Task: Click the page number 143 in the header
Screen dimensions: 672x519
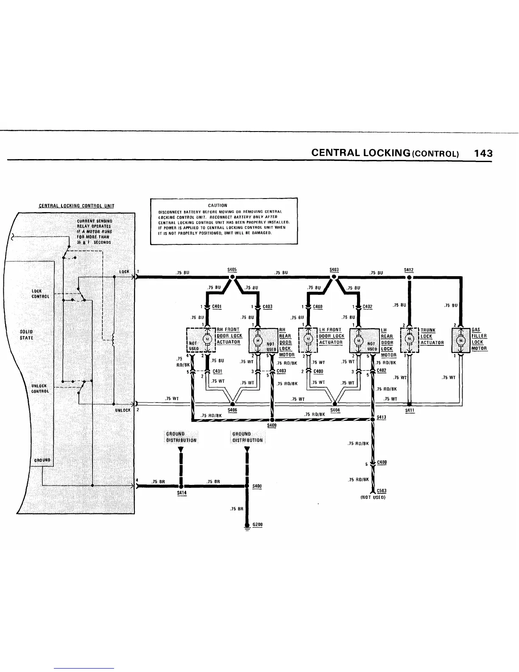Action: [483, 153]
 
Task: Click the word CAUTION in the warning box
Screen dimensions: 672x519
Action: [224, 205]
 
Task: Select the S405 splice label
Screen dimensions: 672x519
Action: [232, 269]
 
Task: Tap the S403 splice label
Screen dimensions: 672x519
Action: [334, 269]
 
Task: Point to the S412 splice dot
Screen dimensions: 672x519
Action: [409, 278]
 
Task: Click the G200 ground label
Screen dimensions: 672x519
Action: [257, 524]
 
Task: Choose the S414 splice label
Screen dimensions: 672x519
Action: [181, 493]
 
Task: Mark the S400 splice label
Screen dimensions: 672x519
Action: [257, 486]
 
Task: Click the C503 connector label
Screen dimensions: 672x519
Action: [381, 491]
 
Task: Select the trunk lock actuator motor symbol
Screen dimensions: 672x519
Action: [409, 339]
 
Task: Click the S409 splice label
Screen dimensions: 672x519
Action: [272, 425]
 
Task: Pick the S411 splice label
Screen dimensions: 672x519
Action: [410, 411]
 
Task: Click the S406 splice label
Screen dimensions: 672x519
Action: [232, 410]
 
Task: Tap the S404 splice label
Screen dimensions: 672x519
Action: [335, 410]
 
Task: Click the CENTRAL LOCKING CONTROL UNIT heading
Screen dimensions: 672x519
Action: [76, 207]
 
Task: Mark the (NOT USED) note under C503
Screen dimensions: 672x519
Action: [372, 497]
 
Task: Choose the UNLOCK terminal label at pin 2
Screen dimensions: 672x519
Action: [122, 410]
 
